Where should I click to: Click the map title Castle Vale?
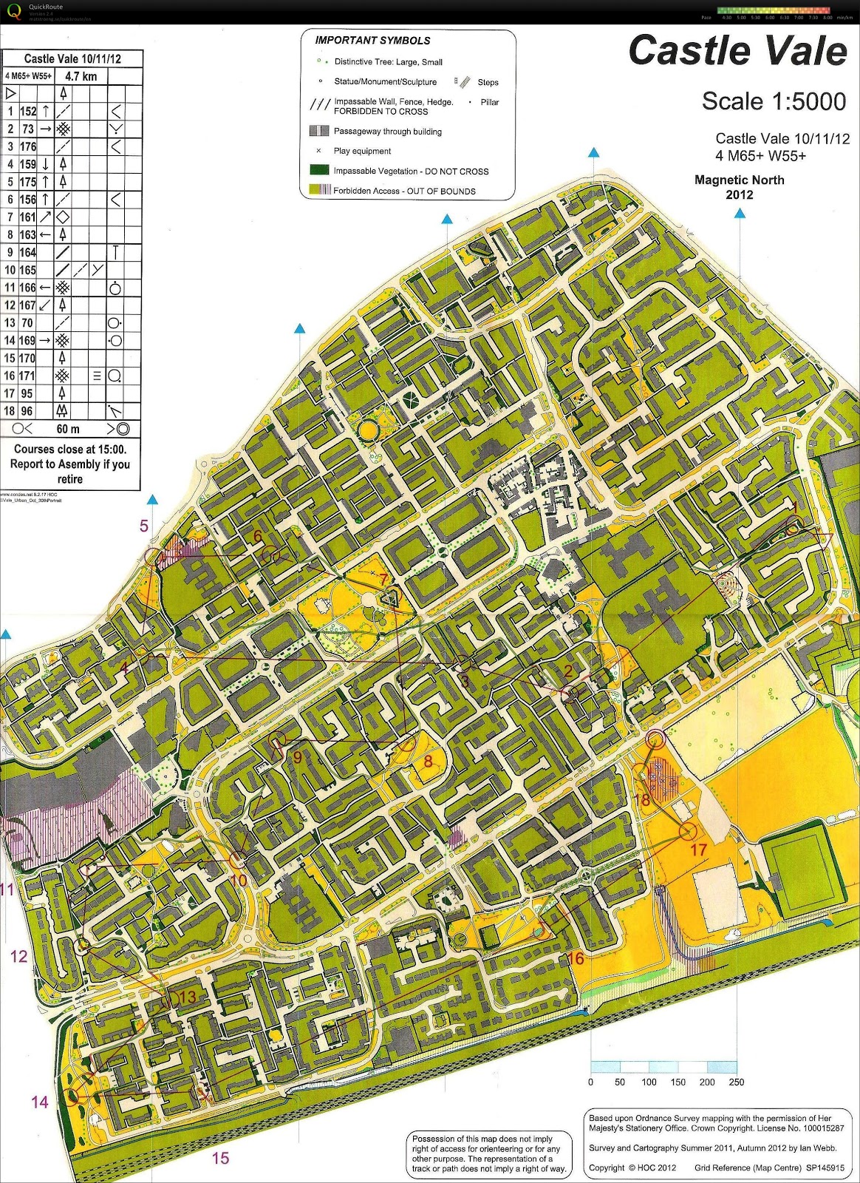(x=737, y=51)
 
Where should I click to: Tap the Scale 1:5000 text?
(x=774, y=101)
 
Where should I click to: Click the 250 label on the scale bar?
(x=737, y=1082)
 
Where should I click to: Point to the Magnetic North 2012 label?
(x=740, y=187)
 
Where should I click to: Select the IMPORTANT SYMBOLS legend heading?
(x=372, y=41)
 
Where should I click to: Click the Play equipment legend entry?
(x=362, y=151)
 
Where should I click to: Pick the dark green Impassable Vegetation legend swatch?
(x=319, y=170)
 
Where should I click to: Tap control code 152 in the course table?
(x=28, y=112)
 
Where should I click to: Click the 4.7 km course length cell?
(x=81, y=76)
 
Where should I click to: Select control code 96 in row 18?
(x=27, y=411)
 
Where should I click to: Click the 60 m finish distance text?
(x=68, y=429)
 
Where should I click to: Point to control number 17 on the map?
(x=698, y=850)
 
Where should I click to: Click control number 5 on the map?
(x=144, y=526)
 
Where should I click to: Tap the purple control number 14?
(x=40, y=1102)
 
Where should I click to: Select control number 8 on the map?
(x=428, y=760)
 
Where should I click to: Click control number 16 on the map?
(x=576, y=959)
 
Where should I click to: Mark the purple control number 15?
(x=221, y=1159)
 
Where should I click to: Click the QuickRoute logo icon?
(x=13, y=12)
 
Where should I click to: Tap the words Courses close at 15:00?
(x=70, y=449)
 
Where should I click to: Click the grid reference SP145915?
(x=825, y=1168)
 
